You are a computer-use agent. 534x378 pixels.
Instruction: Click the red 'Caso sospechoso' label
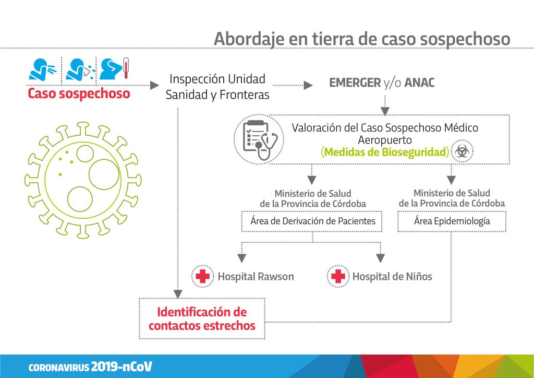tap(79, 93)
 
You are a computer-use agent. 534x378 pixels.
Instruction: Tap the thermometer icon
tap(126, 68)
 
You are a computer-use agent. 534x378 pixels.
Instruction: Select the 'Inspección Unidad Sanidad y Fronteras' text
tap(217, 87)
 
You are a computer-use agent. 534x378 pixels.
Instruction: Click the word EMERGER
tap(355, 83)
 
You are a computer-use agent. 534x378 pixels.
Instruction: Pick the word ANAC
tap(419, 83)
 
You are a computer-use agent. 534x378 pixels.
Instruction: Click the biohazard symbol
tap(462, 151)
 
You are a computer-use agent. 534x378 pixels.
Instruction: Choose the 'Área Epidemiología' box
tap(452, 221)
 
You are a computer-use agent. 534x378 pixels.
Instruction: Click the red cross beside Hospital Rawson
tap(203, 276)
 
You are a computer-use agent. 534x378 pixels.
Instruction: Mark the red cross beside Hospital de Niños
tap(338, 276)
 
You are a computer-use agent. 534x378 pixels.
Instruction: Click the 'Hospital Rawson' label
tap(256, 276)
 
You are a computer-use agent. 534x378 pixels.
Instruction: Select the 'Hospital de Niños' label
tap(392, 276)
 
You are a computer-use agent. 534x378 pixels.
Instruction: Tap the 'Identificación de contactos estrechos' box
tap(202, 318)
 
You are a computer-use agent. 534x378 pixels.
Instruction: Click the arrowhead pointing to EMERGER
tap(308, 85)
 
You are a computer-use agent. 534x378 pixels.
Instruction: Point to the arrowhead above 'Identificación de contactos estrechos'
tap(178, 294)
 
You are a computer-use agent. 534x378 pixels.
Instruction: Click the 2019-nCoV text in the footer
tap(121, 367)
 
